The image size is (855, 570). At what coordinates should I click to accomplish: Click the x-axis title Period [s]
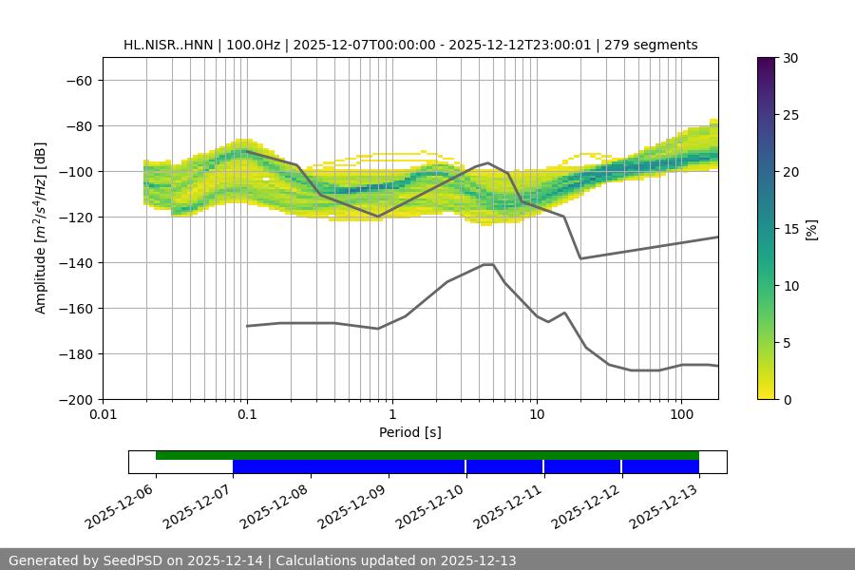pos(410,432)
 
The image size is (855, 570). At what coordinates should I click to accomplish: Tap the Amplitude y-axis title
pos(41,228)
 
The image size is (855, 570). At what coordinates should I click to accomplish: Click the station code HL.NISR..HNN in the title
pos(168,45)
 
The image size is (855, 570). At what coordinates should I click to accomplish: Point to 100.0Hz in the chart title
pos(253,45)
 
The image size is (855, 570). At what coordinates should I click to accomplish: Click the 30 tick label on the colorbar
pos(789,58)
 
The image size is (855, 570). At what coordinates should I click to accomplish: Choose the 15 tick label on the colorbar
pos(789,229)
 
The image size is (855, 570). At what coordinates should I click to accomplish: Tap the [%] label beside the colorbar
pos(811,229)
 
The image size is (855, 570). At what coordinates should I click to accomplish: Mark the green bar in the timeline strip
pos(427,455)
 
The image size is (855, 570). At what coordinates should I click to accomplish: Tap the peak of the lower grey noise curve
pos(488,264)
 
